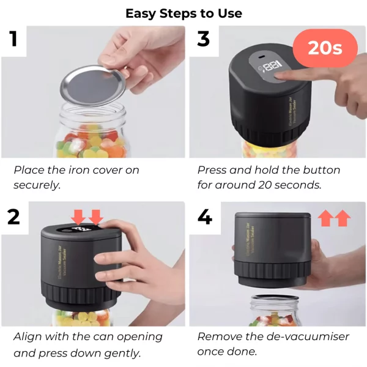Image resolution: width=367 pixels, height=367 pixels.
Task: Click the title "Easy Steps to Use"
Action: pos(183,13)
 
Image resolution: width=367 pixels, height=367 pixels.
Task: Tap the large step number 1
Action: pos(13,39)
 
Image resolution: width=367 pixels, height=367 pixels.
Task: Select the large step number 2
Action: pos(13,217)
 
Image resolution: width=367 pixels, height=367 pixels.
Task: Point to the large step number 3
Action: pos(203,39)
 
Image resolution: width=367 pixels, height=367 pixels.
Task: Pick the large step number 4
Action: pos(204,217)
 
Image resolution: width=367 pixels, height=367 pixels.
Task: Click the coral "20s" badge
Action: pos(325,48)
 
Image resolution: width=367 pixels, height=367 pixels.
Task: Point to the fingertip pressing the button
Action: pos(278,76)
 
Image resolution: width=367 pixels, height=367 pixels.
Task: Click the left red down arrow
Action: pos(78,217)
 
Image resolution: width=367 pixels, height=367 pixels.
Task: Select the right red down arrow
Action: pos(96,217)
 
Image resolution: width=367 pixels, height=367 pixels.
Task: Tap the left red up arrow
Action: pos(325,218)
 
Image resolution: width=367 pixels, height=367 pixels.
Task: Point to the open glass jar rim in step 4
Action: pos(275,298)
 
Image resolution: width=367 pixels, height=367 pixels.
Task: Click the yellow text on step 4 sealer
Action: pos(250,239)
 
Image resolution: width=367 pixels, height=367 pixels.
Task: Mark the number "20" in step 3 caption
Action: pos(265,185)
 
